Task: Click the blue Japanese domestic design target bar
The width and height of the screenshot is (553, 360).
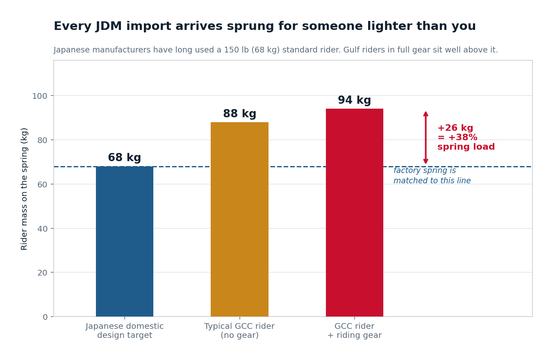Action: [x=125, y=242]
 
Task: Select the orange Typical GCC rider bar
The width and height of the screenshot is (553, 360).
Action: [x=239, y=219]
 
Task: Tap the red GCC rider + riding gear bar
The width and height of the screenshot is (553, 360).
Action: [x=355, y=212]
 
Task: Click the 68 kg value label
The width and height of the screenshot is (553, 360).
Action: [x=125, y=157]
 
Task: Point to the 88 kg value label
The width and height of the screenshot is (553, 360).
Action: [x=239, y=114]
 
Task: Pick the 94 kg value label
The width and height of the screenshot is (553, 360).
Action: [x=355, y=100]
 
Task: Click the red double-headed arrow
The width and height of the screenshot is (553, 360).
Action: [x=426, y=137]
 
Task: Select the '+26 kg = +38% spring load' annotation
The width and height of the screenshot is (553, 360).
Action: [x=466, y=137]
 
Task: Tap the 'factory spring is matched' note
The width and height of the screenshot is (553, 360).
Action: [x=432, y=175]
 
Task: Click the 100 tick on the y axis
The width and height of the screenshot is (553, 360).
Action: [x=39, y=96]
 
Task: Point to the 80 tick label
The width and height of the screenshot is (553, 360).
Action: [x=42, y=140]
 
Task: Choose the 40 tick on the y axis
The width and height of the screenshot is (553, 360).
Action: [x=42, y=229]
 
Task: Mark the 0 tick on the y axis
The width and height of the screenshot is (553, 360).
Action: [x=45, y=317]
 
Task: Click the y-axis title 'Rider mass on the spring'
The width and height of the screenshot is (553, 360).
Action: [x=24, y=189]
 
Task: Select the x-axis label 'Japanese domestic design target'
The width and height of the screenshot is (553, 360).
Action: [x=125, y=330]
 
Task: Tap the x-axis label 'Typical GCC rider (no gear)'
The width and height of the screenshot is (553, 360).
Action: [x=239, y=330]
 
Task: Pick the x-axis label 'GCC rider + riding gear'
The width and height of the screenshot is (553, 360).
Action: [x=355, y=330]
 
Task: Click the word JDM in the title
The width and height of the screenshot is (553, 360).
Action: [x=109, y=26]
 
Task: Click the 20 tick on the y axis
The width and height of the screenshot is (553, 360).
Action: [x=42, y=273]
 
